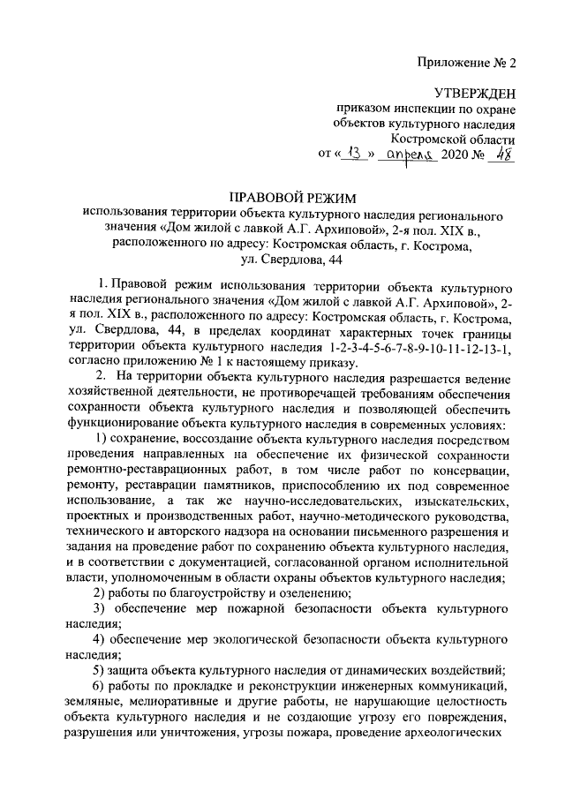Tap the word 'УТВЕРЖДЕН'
pyautogui.click(x=474, y=94)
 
